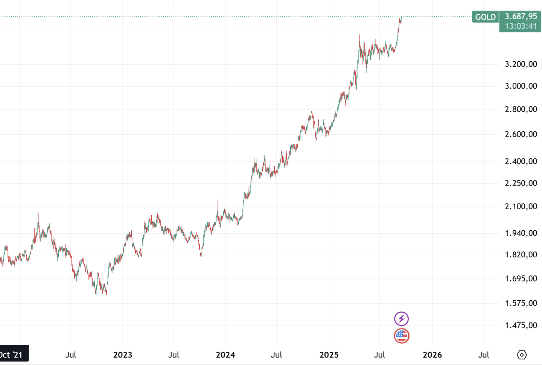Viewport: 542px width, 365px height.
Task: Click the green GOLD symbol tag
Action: pos(485,17)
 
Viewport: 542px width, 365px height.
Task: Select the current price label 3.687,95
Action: pos(521,17)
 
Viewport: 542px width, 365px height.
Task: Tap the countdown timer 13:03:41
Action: pos(521,26)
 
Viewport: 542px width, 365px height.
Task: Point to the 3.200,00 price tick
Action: pos(521,64)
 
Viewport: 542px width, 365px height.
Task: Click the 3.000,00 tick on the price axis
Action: pos(521,86)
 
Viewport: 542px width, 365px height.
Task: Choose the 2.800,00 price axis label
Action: pos(521,109)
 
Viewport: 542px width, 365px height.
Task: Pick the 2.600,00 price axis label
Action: pos(521,134)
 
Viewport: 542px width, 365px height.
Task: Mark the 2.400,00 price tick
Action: pos(521,161)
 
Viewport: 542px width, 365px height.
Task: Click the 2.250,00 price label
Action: pos(521,183)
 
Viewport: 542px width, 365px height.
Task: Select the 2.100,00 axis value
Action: pos(521,207)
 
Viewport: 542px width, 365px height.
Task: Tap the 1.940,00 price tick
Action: pos(521,233)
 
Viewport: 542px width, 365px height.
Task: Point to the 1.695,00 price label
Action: pos(521,279)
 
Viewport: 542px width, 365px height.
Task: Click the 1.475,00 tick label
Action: pos(521,325)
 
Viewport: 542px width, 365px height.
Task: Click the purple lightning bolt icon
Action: pos(401,319)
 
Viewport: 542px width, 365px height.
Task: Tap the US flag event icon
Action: pos(401,336)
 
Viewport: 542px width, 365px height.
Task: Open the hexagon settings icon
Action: pos(522,354)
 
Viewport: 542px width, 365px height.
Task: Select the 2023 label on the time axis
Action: pos(123,355)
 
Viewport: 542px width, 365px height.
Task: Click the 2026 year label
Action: pos(432,355)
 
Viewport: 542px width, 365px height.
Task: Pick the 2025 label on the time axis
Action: pos(329,355)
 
